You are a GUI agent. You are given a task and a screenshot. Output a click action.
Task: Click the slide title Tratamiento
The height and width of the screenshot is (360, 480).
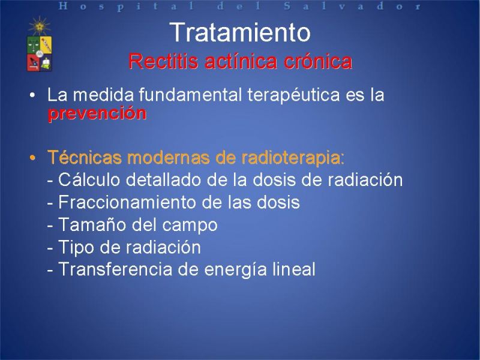pyautogui.click(x=241, y=32)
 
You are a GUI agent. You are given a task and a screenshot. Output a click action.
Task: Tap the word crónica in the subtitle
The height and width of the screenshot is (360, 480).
pyautogui.click(x=318, y=61)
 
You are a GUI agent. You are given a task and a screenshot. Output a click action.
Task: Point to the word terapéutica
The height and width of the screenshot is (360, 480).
pyautogui.click(x=293, y=95)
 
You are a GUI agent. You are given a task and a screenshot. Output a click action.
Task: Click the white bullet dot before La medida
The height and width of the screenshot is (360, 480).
pyautogui.click(x=32, y=95)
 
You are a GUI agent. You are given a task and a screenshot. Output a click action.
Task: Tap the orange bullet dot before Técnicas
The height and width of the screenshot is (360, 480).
pyautogui.click(x=32, y=158)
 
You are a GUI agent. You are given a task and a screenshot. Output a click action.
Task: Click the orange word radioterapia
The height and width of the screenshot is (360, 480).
pyautogui.click(x=293, y=158)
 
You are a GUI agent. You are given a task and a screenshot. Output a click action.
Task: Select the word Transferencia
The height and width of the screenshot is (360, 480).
pyautogui.click(x=115, y=269)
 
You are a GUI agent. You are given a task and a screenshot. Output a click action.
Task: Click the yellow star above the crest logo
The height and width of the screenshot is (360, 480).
pyautogui.click(x=39, y=26)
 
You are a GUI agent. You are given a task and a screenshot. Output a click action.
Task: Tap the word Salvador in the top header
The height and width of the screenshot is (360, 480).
pyautogui.click(x=353, y=6)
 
